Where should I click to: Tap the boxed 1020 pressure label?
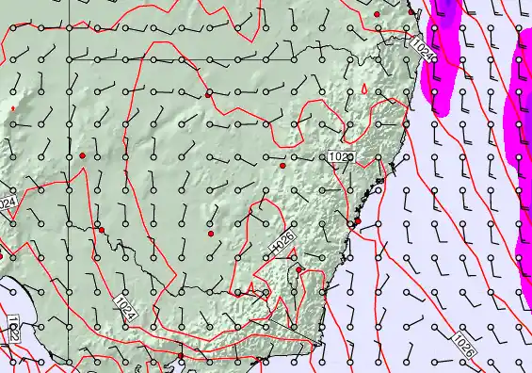340,156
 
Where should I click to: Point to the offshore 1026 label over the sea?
463,346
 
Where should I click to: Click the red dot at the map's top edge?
377,15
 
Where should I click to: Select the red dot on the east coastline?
357,221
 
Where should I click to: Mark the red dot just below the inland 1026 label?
298,270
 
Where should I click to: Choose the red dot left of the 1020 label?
282,166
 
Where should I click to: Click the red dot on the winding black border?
102,229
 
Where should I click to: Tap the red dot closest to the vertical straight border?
82,154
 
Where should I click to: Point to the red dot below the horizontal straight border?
208,94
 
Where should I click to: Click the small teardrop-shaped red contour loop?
365,90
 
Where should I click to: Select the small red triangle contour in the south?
251,288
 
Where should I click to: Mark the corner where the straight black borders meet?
69,59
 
